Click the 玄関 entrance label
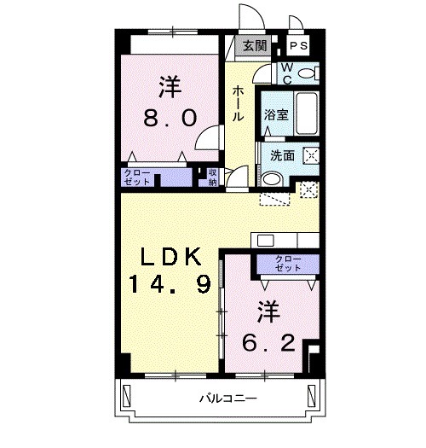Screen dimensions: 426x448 coord(255,46)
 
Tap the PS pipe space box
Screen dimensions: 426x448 coord(298,46)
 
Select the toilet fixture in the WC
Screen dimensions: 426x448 coord(308,73)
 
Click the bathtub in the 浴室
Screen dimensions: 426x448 coord(307,113)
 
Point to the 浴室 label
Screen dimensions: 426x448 coord(276,114)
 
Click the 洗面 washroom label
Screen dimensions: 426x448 coord(282,156)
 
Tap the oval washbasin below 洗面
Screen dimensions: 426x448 coord(272,179)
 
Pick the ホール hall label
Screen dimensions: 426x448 coord(238,103)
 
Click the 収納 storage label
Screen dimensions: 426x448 coord(212,177)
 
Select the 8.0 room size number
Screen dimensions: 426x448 coord(170,118)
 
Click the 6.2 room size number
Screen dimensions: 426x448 coord(268,343)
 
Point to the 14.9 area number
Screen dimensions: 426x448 coord(170,284)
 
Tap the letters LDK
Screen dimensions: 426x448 coord(170,257)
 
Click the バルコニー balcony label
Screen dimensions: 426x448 coord(228,398)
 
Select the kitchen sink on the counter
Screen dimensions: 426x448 coord(265,241)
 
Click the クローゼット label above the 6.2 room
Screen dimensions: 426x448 coord(288,263)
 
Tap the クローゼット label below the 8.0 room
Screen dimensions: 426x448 coord(137,177)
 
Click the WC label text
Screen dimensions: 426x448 coord(287,73)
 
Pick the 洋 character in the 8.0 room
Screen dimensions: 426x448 coord(170,86)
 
